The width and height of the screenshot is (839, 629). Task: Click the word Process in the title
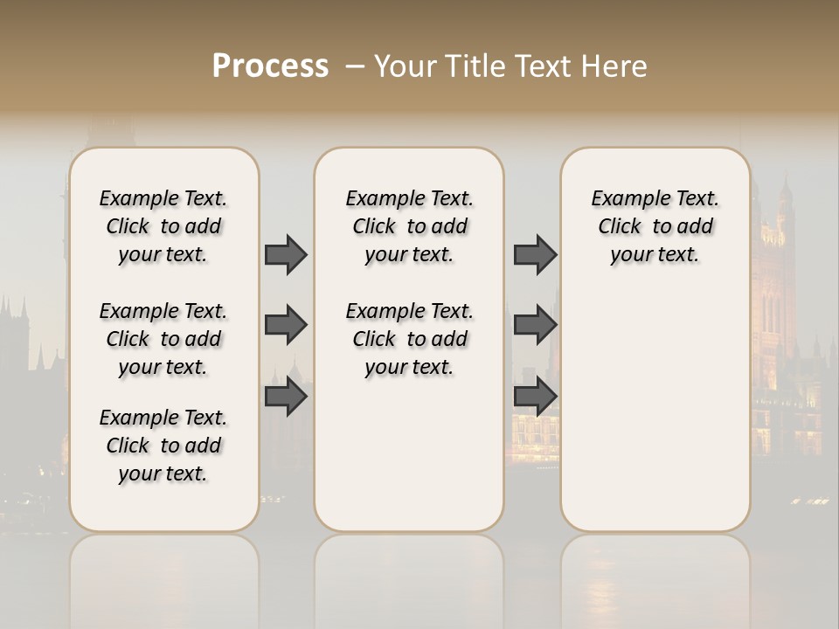coord(270,66)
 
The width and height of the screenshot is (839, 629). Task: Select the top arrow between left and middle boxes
coord(286,254)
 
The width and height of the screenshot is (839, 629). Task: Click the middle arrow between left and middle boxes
coord(286,325)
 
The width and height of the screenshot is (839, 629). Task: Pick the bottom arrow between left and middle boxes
coord(286,396)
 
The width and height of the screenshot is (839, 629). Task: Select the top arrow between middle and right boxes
coord(535,254)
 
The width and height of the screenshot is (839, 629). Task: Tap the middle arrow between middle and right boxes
coord(535,325)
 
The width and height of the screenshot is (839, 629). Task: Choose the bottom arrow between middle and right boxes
coord(535,396)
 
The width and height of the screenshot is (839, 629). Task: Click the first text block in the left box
coord(163,226)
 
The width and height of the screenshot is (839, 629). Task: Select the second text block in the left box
coord(163,339)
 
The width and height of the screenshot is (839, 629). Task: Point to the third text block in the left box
coord(163,446)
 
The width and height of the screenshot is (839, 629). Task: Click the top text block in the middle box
coord(409,226)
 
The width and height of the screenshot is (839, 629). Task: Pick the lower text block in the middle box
coord(409,339)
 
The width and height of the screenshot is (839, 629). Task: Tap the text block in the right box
coord(655,226)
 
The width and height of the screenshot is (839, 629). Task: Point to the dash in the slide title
coord(354,66)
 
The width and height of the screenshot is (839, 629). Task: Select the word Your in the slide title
coord(404,66)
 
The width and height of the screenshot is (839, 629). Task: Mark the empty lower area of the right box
coord(655,411)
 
